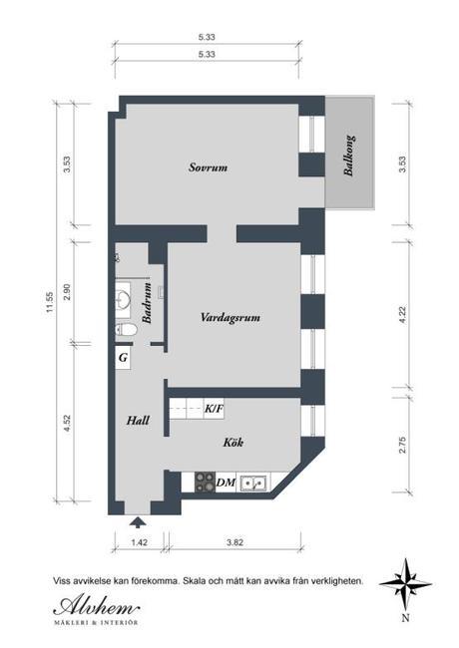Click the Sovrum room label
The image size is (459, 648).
click(x=208, y=167)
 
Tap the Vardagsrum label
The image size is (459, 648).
click(x=230, y=317)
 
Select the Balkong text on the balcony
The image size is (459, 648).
click(x=349, y=156)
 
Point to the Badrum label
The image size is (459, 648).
click(x=147, y=302)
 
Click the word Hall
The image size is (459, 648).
click(x=138, y=421)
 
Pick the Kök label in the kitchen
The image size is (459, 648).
click(x=233, y=443)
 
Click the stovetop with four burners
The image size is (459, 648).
click(x=206, y=482)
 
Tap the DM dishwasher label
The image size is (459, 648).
click(x=226, y=483)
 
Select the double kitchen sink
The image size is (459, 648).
click(x=253, y=483)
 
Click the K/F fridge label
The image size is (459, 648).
click(x=214, y=409)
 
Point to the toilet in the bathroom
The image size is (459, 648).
click(x=126, y=330)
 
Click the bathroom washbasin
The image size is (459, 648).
click(x=123, y=296)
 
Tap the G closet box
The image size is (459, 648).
click(x=123, y=358)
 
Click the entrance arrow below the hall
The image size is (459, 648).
click(x=138, y=522)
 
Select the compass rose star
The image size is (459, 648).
click(x=405, y=584)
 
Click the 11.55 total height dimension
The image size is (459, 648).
click(x=50, y=302)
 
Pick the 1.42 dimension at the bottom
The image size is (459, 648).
click(x=140, y=542)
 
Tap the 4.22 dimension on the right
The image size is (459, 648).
click(x=403, y=314)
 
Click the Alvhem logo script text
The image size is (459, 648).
click(x=97, y=606)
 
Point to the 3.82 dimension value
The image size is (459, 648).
click(x=234, y=542)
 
